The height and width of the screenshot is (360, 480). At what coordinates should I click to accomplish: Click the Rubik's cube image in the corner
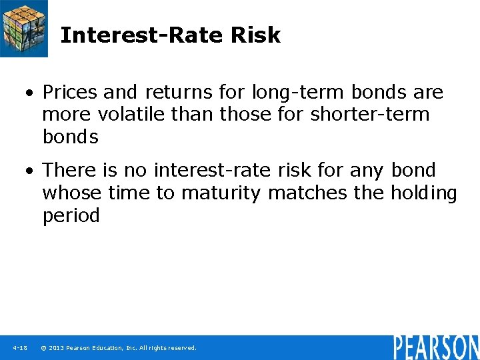(x=24, y=28)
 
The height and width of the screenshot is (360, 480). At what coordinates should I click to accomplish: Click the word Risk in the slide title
(x=255, y=35)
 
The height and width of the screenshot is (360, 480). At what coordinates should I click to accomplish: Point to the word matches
(x=308, y=193)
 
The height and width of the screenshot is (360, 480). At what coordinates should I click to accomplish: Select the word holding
(x=423, y=194)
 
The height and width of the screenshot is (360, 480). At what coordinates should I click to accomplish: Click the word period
(x=71, y=216)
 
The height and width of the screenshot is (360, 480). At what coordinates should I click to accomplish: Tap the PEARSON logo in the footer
(x=435, y=347)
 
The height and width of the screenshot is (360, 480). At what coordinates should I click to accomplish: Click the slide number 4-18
(x=19, y=348)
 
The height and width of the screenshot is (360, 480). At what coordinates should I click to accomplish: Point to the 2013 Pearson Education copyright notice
(x=119, y=348)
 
